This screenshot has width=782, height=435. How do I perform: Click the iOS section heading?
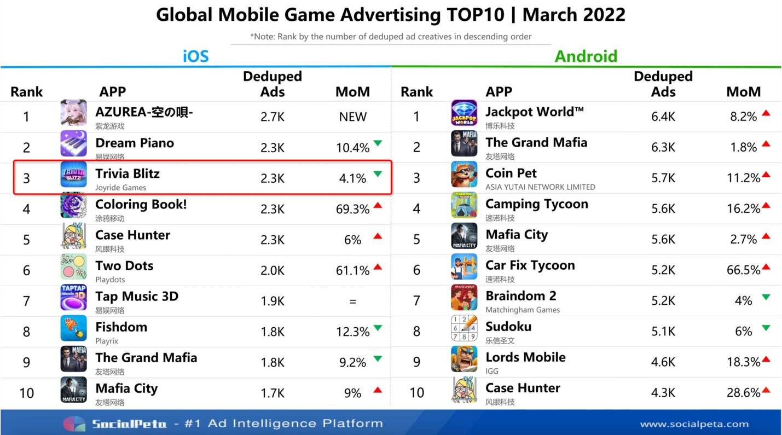[195, 56]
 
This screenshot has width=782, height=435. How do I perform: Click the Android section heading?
[586, 56]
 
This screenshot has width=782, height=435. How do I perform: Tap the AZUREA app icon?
[73, 113]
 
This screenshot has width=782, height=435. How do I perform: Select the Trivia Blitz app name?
[128, 174]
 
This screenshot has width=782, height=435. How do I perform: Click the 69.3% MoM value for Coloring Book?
[352, 209]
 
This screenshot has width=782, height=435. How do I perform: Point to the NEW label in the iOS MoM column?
[352, 117]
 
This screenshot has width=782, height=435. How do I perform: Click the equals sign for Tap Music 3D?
[352, 301]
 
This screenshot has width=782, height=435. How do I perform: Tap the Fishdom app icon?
[73, 328]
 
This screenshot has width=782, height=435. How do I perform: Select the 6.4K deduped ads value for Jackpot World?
[663, 117]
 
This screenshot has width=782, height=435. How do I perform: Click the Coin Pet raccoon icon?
[464, 175]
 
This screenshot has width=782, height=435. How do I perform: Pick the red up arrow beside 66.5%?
[766, 267]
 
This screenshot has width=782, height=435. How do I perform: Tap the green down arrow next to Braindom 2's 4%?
[766, 297]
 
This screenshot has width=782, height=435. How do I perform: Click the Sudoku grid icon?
[464, 328]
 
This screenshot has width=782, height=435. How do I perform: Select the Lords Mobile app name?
[525, 357]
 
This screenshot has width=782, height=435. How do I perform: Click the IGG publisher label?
[492, 371]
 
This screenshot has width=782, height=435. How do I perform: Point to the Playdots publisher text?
[110, 280]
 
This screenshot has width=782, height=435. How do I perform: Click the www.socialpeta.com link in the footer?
[694, 424]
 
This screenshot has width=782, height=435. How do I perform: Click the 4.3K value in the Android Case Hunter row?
[663, 393]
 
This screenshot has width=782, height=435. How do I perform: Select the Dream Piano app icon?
[73, 144]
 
